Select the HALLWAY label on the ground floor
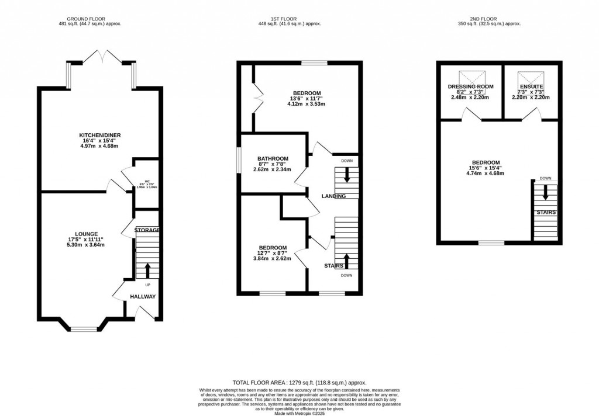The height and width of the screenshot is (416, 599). (x=143, y=296)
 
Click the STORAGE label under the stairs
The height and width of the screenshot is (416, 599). (x=147, y=230)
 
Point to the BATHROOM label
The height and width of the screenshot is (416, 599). (x=272, y=159)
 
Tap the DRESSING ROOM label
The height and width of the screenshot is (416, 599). (x=471, y=86)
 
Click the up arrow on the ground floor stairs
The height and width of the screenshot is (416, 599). (x=147, y=270)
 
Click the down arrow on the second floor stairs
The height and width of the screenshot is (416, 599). (x=545, y=192)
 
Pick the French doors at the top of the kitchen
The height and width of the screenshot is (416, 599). (x=101, y=57)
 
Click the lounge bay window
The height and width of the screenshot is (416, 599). (x=82, y=328)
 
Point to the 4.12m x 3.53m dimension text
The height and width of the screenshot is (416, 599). (x=306, y=104)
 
